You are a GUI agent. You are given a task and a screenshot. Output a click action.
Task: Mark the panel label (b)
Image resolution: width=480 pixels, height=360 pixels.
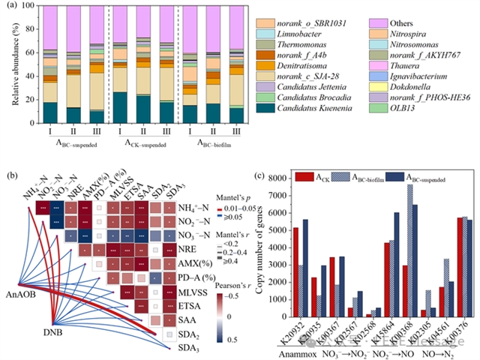coord(11,176)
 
